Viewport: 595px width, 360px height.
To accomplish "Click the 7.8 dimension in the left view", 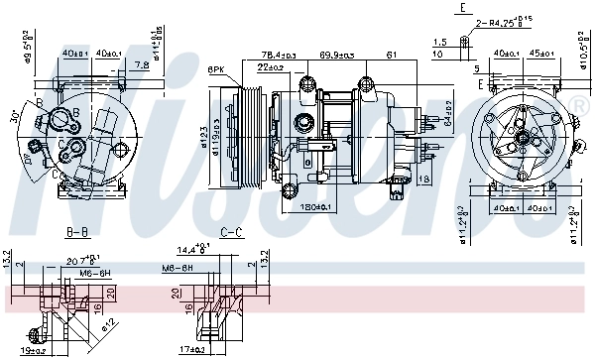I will point(143,64).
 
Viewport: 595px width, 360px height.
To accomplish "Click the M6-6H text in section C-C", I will point(178,268).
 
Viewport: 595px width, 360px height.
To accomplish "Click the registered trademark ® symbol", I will point(579,104).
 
